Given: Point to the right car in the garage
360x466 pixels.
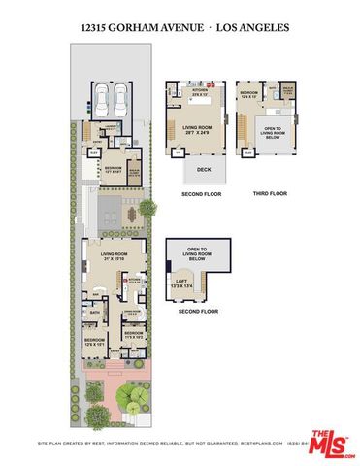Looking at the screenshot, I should point(122,99).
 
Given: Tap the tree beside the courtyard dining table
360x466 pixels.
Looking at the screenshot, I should point(146,206).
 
